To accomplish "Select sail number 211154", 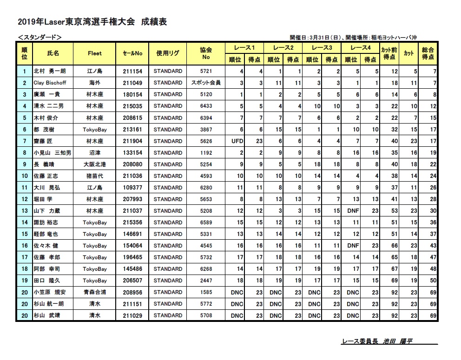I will [132, 71].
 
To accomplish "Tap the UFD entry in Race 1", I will [237, 141].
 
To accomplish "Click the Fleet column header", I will [94, 53].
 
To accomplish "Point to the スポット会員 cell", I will [206, 83].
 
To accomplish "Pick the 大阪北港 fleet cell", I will [94, 164].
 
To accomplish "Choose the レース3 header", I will [322, 47].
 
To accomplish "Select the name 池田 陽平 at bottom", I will [397, 341].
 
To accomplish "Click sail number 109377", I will [132, 187].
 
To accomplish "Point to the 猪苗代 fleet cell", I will [94, 176].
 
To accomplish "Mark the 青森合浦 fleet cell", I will [94, 292].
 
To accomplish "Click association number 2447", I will [206, 281].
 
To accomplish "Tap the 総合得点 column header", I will [428, 53].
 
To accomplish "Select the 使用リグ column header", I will [168, 53].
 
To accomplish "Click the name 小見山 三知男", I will [52, 152].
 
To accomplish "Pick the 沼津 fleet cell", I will [94, 152].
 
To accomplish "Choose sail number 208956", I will [132, 292].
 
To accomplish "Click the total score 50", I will [433, 281].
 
